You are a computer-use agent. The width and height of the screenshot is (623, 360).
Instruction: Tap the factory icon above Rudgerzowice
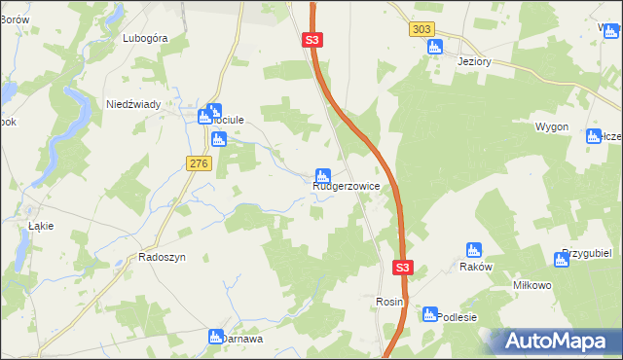321,174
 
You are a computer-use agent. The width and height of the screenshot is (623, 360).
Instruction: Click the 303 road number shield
421,30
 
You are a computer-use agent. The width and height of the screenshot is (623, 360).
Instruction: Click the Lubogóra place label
146,38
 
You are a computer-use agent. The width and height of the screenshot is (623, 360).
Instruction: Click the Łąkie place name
41,226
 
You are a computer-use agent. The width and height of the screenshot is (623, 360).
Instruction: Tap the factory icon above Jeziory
434,46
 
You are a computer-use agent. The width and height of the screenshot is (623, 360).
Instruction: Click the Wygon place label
551,127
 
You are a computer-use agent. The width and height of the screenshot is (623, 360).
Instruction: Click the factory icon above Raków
474,250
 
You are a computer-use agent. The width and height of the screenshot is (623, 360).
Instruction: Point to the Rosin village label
389,303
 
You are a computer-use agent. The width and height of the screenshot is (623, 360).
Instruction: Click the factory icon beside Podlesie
430,314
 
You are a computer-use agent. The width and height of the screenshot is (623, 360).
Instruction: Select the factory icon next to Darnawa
216,337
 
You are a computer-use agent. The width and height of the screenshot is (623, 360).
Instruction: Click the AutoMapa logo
556,342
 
